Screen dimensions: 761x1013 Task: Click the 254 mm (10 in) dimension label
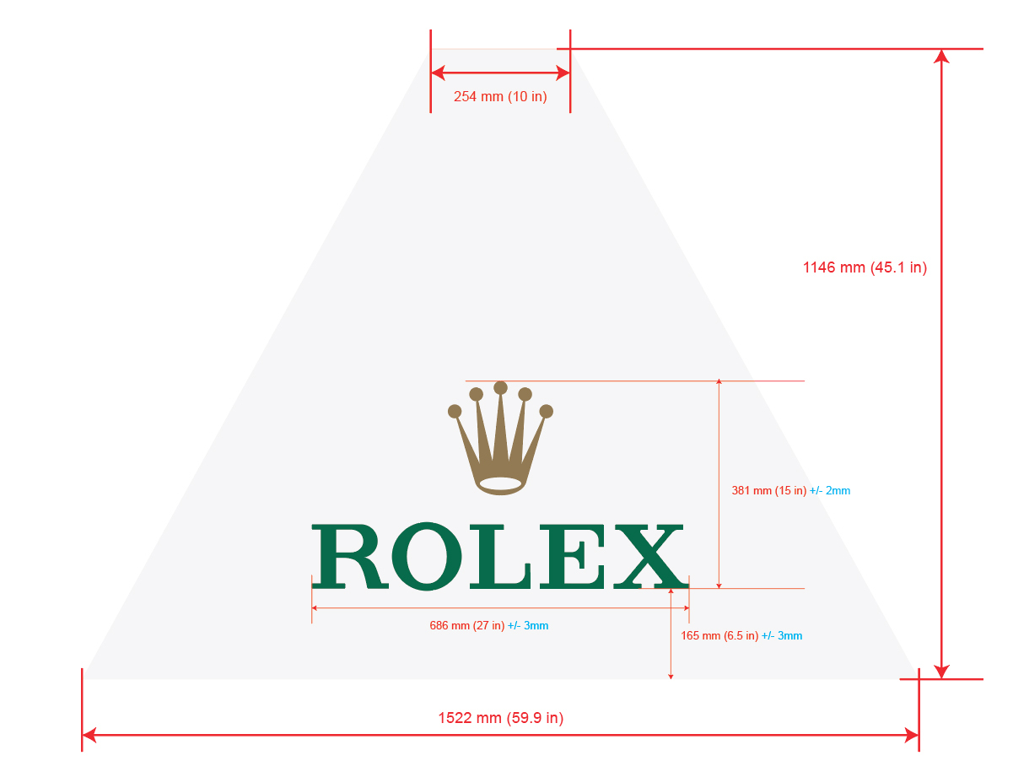click(500, 97)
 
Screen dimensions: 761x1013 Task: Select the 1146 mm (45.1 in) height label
click(865, 267)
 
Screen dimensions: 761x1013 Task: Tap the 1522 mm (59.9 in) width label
click(500, 719)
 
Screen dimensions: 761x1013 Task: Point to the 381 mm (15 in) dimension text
click(768, 490)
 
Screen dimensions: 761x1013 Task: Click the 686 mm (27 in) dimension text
click(466, 626)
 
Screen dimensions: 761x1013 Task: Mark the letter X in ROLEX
click(649, 556)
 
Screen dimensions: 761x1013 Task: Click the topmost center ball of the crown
click(500, 388)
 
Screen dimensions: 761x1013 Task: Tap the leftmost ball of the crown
click(455, 412)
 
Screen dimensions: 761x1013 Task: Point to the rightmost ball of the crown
click(546, 412)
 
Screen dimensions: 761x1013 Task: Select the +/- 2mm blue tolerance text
click(830, 490)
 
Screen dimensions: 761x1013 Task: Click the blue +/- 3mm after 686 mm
click(528, 626)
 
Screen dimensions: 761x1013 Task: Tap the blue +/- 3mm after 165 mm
click(782, 636)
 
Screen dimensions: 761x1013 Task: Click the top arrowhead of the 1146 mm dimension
click(941, 57)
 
